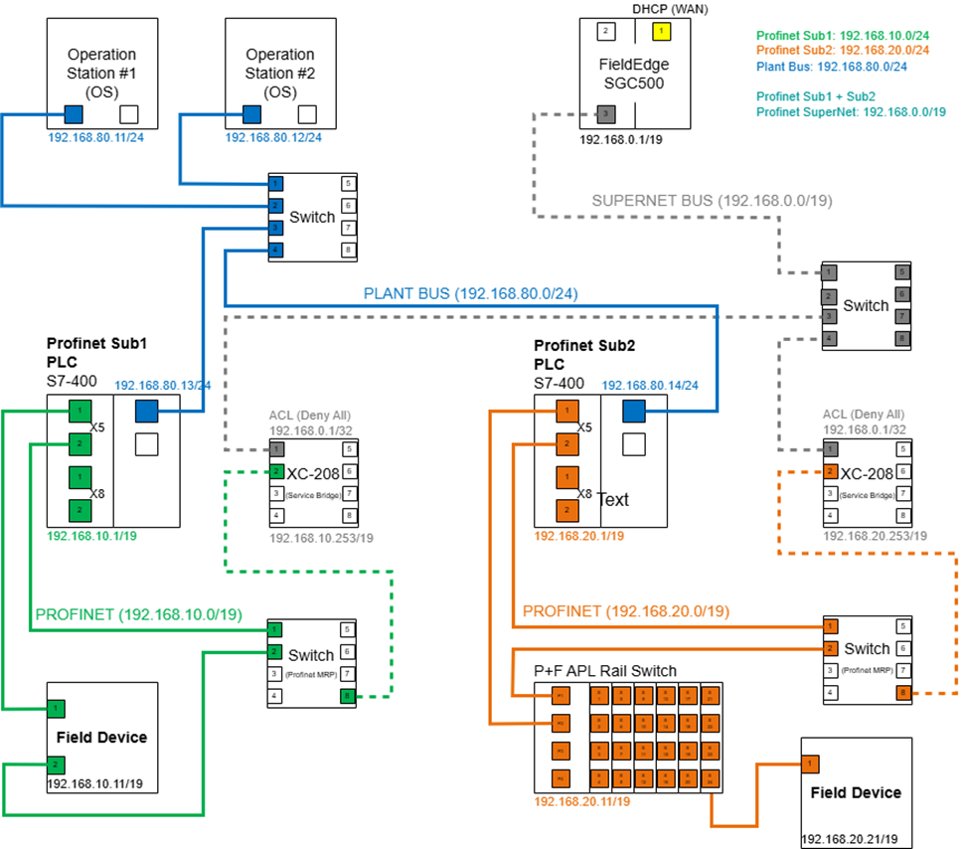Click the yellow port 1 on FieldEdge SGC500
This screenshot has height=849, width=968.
pos(659,32)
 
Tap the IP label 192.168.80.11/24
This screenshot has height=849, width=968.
pos(95,137)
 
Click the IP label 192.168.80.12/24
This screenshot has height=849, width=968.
pos(273,137)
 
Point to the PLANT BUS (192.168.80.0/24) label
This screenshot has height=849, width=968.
pos(470,293)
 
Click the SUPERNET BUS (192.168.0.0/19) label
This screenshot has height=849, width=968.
pos(712,200)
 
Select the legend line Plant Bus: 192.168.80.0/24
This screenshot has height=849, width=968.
pos(831,67)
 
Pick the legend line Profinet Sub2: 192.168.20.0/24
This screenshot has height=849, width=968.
pos(843,51)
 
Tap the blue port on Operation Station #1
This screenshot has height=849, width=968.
pos(74,114)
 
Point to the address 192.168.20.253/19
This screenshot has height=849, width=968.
pos(875,536)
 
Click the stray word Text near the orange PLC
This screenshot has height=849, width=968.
pos(613,500)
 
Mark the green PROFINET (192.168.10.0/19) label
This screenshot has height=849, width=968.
pos(138,614)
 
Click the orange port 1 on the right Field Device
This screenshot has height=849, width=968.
pos(810,764)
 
